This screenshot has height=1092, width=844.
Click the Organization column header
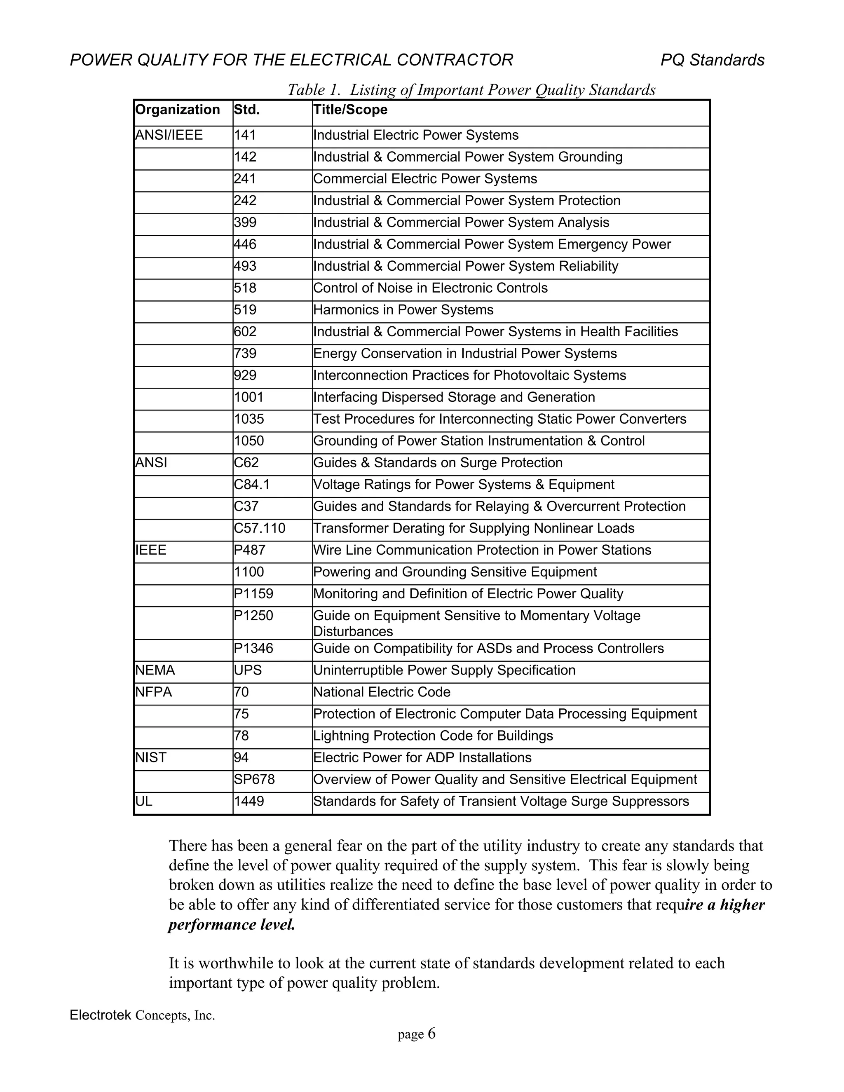point(178,110)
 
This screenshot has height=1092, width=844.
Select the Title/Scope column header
point(350,110)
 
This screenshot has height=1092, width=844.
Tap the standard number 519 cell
point(245,310)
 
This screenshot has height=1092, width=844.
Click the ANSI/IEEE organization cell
point(169,135)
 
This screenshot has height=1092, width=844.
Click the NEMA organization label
point(155,670)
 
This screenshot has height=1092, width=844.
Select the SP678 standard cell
point(254,780)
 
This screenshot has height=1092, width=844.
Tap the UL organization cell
point(143,801)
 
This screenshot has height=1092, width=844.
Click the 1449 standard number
point(249,801)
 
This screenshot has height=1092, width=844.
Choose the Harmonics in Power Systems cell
point(403,310)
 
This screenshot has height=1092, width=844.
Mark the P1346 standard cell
point(253,649)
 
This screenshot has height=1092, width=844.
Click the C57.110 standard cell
point(260,529)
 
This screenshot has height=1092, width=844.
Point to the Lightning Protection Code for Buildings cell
point(433,736)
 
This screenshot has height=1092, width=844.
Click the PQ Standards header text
point(712,60)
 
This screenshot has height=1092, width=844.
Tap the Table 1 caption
point(471,89)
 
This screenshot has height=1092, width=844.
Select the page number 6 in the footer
point(431,1033)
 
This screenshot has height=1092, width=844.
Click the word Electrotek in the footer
point(101,1015)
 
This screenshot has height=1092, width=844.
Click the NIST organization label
point(150,757)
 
